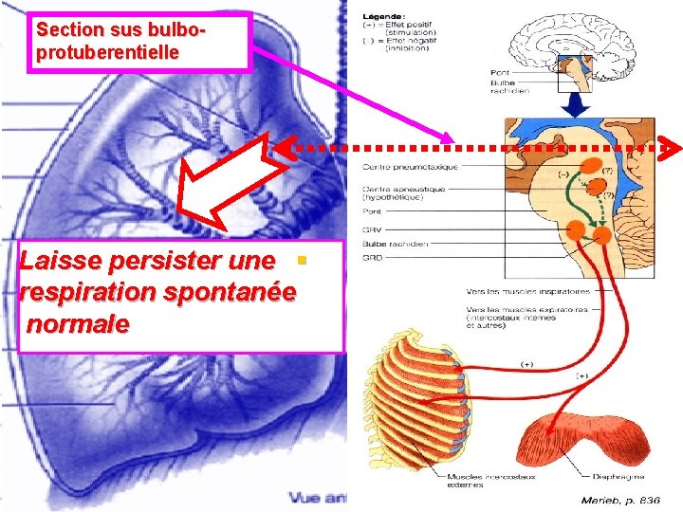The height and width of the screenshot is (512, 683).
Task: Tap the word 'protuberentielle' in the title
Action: coord(106,53)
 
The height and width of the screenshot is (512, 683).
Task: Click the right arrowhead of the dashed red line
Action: coord(672,148)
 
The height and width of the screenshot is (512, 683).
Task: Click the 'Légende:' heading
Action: coord(384,17)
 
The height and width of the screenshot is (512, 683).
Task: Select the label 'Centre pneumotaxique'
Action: coord(410,167)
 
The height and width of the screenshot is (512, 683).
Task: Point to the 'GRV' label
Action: coord(372,229)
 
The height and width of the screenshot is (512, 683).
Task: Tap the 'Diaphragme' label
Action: coord(620,477)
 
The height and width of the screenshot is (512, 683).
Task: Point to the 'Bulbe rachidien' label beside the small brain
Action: coord(503,85)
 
